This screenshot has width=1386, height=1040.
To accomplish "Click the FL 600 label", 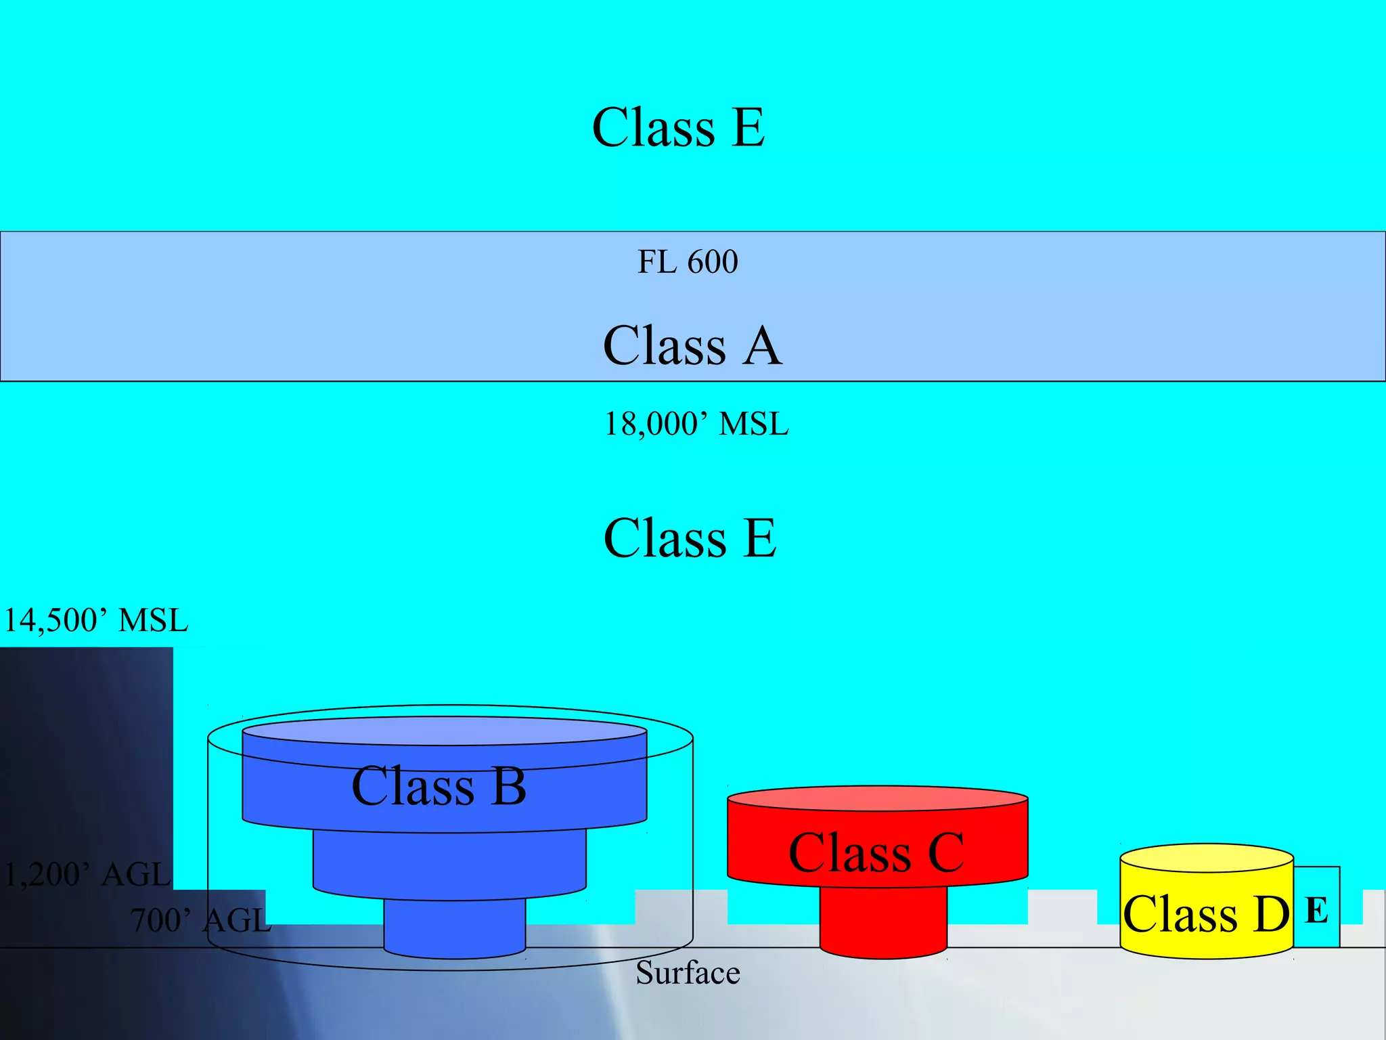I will click(688, 262).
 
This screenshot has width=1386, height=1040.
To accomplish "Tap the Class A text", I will click(692, 345).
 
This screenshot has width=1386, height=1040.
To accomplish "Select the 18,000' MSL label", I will click(696, 425).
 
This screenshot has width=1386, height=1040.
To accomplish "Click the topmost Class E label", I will click(679, 127).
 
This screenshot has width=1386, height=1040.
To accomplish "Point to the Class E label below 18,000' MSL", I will click(690, 538).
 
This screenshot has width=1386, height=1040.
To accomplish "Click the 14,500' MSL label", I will click(95, 620).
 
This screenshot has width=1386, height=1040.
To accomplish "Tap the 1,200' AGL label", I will click(87, 874).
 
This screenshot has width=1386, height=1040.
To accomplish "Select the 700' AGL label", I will click(200, 920).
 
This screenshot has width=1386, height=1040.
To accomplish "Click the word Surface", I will click(688, 973).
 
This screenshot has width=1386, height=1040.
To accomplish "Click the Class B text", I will click(439, 786).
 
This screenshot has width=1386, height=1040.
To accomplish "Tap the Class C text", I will click(876, 852).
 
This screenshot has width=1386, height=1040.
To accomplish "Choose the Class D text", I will click(1206, 914).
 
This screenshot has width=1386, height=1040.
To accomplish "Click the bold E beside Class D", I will click(1316, 910).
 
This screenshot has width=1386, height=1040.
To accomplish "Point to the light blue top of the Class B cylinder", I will click(445, 731).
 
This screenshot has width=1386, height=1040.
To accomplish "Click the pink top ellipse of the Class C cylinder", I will click(877, 798).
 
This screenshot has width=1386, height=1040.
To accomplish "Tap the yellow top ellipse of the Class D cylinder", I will click(1207, 857).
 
